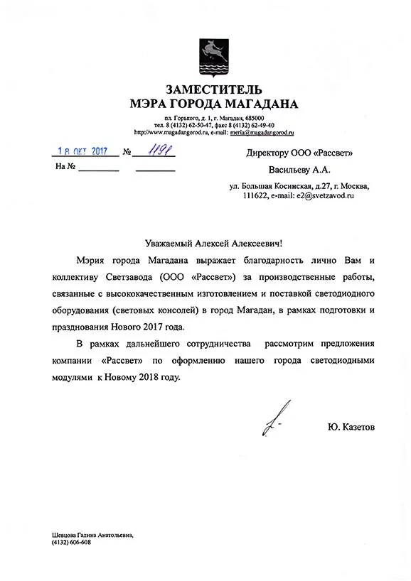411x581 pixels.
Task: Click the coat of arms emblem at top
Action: click(213, 56)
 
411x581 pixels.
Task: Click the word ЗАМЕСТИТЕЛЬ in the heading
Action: click(214, 89)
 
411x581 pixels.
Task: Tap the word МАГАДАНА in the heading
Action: click(255, 104)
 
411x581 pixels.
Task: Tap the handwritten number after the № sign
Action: click(156, 151)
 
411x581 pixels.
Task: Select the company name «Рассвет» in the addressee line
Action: click(333, 153)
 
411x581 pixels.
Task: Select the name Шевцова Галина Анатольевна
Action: click(92, 534)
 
